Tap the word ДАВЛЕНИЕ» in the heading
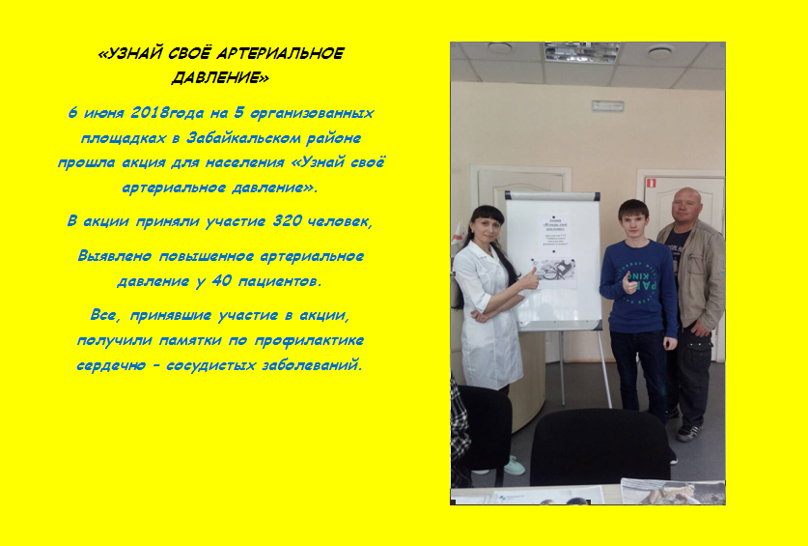[220, 78]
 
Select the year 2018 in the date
[151, 113]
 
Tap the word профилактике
[309, 340]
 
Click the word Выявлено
[115, 256]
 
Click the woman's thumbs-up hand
[529, 278]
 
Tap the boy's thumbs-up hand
[628, 283]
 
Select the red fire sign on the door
[651, 182]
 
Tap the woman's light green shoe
[515, 466]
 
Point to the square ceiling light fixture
[582, 52]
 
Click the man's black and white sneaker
[689, 432]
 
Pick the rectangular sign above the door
[608, 105]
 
